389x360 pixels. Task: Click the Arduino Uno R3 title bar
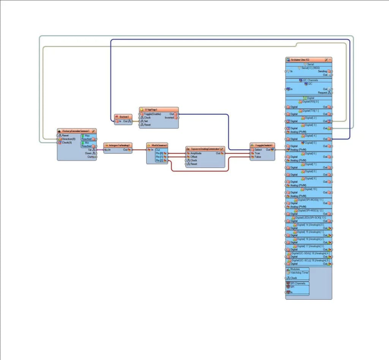coord(300,60)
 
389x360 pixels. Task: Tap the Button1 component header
coord(124,117)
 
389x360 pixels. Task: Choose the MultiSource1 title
coord(159,145)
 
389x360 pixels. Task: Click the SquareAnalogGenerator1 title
coord(205,149)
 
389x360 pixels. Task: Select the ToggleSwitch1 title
coord(264,145)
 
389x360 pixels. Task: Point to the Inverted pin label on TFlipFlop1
coord(170,117)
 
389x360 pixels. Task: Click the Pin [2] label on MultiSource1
coord(159,161)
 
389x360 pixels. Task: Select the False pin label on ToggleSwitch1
coord(257,157)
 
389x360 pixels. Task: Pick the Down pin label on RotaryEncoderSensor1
coord(88,153)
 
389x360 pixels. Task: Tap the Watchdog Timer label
coord(299,273)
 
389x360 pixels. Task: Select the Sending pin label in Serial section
coord(322,71)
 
